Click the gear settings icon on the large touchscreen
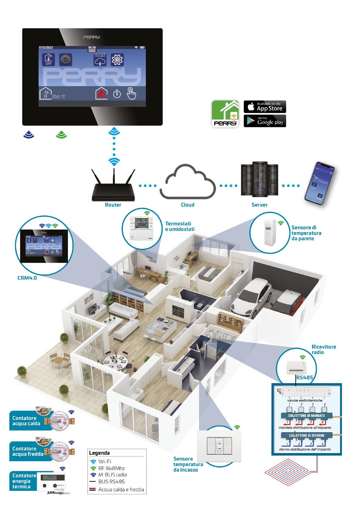[117, 60]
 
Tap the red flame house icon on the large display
[101, 93]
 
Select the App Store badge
[265, 107]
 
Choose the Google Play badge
[265, 121]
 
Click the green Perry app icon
[226, 114]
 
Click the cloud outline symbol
[187, 183]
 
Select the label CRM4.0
[27, 278]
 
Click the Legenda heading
[99, 453]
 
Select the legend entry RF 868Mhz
[111, 468]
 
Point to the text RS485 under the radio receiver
[305, 378]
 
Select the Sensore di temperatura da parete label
[306, 233]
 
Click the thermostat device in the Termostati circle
[142, 228]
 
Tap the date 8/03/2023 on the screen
[46, 47]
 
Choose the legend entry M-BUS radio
[112, 475]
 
